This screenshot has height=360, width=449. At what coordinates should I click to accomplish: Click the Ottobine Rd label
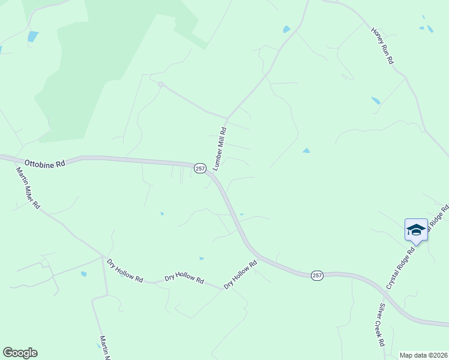coord(44,163)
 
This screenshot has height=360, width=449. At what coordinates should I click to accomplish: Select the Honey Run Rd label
coord(383,45)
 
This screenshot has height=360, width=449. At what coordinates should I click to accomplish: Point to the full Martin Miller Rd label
coord(28,187)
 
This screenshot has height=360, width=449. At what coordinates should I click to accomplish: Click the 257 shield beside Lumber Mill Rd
coord(200,169)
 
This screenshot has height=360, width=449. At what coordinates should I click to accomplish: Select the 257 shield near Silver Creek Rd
coord(318,275)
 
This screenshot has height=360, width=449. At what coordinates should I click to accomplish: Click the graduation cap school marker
coord(416,230)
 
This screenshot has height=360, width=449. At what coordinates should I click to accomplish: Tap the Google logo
coord(20,353)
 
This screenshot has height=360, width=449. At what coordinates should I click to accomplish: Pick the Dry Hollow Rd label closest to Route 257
coord(240,274)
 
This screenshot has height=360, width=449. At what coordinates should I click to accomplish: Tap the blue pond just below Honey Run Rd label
coord(376,101)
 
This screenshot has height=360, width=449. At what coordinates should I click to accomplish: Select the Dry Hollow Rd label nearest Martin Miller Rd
coord(125,271)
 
